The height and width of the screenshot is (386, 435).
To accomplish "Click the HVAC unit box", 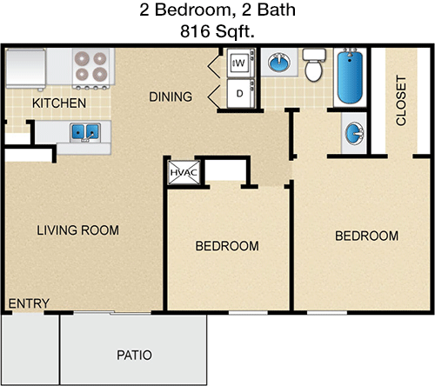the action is tap(184, 172).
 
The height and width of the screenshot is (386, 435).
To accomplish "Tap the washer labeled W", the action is tap(240, 63).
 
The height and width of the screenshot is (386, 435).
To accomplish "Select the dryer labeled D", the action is tap(240, 93).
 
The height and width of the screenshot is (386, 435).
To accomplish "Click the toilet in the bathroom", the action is tap(314, 65).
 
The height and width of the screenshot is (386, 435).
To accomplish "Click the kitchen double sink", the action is tap(85, 132).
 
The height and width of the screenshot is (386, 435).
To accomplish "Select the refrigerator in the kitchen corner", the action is tap(26, 69).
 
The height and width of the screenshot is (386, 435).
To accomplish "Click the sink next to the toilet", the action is tap(279, 63).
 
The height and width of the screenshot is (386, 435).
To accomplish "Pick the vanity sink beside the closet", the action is tap(354, 133).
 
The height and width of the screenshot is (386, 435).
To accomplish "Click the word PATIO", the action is tap(134, 355).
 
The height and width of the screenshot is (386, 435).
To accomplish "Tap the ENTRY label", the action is tap(29, 303).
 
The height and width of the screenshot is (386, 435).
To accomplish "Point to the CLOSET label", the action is tap(401, 101).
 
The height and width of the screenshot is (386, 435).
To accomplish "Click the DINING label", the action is tap(171, 96).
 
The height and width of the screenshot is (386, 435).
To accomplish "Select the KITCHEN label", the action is tap(59, 103).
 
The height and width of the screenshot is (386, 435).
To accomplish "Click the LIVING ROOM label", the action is tap(77, 230).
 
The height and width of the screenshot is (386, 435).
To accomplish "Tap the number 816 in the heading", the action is tap(195, 31).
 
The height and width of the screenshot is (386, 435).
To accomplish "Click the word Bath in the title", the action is tap(277, 10).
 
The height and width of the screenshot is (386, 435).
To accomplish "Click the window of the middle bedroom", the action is tap(248, 312).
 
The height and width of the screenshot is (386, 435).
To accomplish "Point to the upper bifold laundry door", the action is tap(214, 66).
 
